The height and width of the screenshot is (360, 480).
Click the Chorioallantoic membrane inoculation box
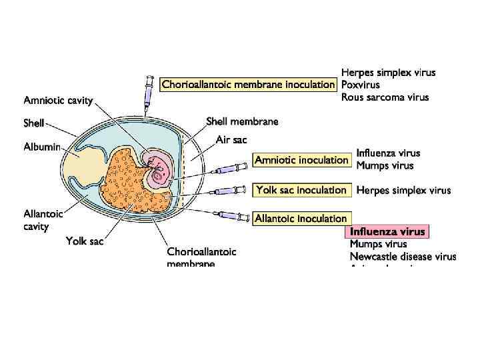tap(248, 85)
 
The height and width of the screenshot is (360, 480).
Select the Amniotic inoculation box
tap(301, 160)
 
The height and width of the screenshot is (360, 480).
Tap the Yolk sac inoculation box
tap(301, 190)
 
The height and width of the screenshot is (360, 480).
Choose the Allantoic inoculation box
tap(301, 219)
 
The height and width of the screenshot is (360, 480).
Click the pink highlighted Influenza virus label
tap(387, 232)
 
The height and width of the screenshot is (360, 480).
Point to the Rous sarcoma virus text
tap(385, 97)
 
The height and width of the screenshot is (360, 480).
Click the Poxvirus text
tap(360, 85)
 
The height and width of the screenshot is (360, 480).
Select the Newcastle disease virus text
tap(403, 257)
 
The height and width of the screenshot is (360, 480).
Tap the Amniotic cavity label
tap(58, 101)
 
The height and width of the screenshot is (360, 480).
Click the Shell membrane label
tap(242, 121)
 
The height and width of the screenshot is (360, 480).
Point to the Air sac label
tap(231, 139)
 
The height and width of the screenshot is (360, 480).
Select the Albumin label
tap(42, 146)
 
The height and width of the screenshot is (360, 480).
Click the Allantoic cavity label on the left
tap(43, 220)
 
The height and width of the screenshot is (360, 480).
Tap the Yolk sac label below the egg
tap(84, 241)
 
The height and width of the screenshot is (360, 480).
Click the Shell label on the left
tap(33, 123)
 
